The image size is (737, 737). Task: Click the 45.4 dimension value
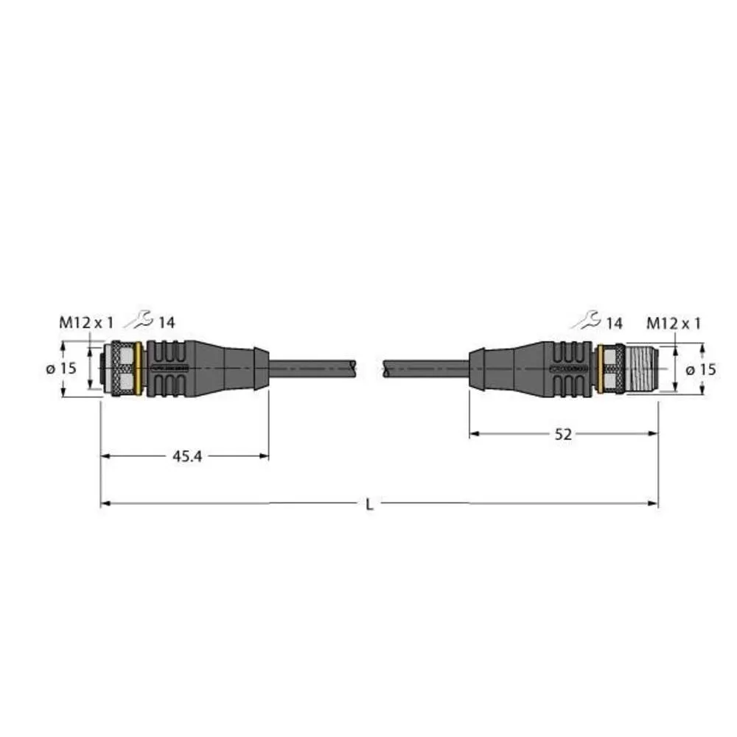coord(186,457)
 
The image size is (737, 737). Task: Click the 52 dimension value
coord(563,435)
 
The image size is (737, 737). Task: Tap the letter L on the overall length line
coord(369,505)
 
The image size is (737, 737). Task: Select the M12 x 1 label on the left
coord(86,322)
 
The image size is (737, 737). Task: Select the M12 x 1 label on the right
coord(673,322)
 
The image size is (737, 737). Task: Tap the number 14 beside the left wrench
coord(166,322)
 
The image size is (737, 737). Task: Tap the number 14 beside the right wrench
coord(613,322)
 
